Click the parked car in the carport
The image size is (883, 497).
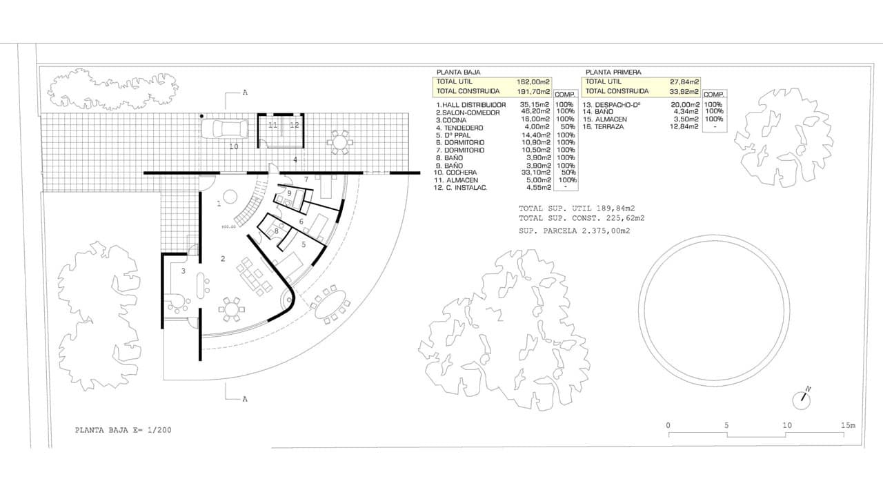(225, 128)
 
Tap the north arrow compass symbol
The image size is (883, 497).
(802, 400)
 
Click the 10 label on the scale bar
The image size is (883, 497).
(787, 425)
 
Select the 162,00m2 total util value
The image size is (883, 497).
(533, 82)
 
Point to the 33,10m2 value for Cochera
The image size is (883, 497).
(535, 173)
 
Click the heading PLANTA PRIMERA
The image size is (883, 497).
(613, 72)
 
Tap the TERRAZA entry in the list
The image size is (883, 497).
(604, 126)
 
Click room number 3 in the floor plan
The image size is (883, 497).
(183, 271)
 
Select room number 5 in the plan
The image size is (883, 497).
(304, 244)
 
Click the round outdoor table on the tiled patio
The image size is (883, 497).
(339, 142)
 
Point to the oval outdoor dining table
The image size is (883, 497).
(330, 304)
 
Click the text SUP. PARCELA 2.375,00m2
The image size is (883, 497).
(575, 231)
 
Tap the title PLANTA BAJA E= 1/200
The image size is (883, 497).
(123, 430)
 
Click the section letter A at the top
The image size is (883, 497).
(245, 92)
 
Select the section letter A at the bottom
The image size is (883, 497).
(245, 399)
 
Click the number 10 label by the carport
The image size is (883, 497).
(234, 147)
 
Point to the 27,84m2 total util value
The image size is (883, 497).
(684, 82)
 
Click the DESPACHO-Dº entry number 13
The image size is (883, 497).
(612, 105)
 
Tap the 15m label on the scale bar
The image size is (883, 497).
(849, 425)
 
